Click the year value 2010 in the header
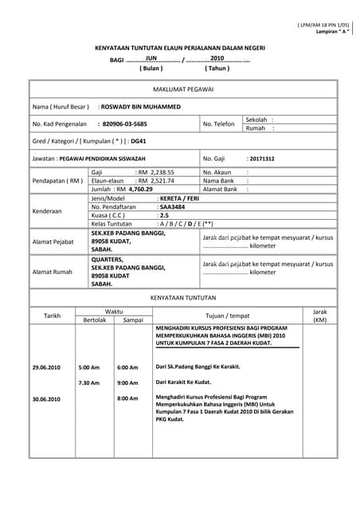217,58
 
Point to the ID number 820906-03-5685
125,124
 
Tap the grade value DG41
139,141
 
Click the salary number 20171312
260,159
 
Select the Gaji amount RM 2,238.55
155,171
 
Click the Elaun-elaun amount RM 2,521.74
155,181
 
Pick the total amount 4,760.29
139,190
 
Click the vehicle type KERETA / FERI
181,198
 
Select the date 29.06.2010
46,367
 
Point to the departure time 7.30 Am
89,382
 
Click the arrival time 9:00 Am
127,382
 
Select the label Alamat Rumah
52,272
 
